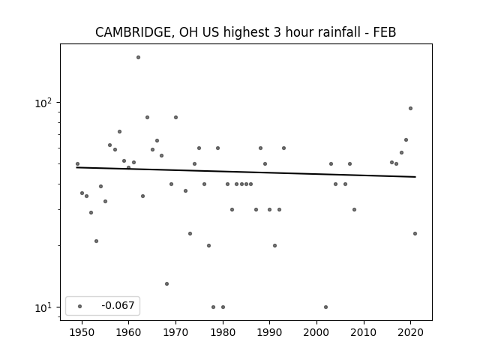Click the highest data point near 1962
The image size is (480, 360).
(x=138, y=57)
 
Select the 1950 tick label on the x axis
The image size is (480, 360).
(x=82, y=332)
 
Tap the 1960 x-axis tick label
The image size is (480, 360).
(x=128, y=332)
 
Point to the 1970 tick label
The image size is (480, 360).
(x=175, y=332)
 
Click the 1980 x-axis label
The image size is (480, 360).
(x=223, y=332)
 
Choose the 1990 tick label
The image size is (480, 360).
(x=270, y=332)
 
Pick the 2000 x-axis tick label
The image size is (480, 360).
(x=316, y=332)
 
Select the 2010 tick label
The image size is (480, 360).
(x=364, y=332)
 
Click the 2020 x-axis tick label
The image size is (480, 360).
(x=410, y=332)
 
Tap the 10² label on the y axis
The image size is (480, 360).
(x=43, y=103)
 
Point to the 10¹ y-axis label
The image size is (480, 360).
(x=43, y=307)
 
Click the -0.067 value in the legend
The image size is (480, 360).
(x=118, y=305)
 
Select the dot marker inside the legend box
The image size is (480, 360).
(x=80, y=306)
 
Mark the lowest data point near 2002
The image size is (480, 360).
(x=325, y=307)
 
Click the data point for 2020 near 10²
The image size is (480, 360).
(x=410, y=108)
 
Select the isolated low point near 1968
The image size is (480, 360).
(x=166, y=283)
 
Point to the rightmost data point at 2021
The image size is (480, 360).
(x=415, y=233)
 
